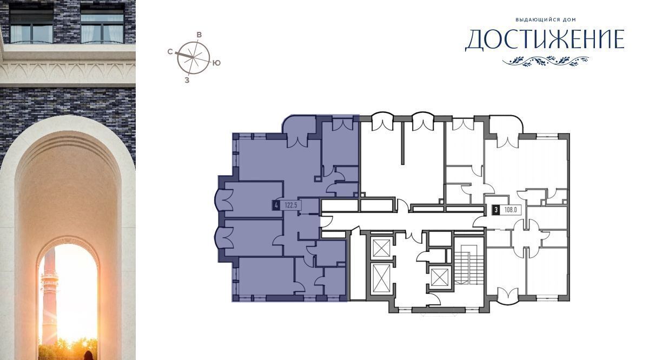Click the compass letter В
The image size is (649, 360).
tap(199, 35)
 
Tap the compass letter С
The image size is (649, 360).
tap(170, 51)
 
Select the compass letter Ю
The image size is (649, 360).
tap(216, 63)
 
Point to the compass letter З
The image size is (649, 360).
tap(187, 80)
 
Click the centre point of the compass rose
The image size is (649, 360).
tap(193, 57)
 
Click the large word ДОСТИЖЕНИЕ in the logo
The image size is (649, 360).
tap(545, 40)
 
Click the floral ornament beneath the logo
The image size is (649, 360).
tap(546, 61)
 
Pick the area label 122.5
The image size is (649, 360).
tap(291, 205)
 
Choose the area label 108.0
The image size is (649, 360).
tap(511, 210)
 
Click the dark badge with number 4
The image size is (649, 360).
tap(276, 205)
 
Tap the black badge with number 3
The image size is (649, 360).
tap(496, 210)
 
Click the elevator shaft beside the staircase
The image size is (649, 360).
tap(439, 277)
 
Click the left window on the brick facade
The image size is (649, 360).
tap(31, 24)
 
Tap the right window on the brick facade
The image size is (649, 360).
tap(102, 24)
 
